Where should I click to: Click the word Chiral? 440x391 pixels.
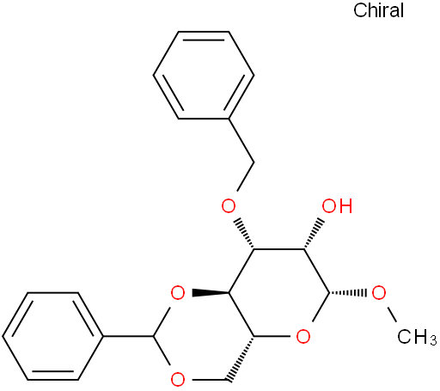click(x=378, y=10)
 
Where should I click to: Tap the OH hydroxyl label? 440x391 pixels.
click(x=337, y=206)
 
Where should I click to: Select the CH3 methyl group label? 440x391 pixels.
click(x=417, y=337)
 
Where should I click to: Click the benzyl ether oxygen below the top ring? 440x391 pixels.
click(x=229, y=206)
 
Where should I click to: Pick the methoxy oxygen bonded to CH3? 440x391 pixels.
click(x=379, y=293)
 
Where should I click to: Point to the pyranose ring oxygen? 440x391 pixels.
click(x=303, y=336)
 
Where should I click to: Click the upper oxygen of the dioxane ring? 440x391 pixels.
click(x=178, y=293)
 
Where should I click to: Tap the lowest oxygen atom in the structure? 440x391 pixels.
click(x=178, y=380)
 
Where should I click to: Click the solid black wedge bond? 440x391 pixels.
click(x=211, y=293)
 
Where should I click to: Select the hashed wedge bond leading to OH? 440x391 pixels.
click(x=314, y=235)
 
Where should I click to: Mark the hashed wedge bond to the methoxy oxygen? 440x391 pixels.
click(x=347, y=293)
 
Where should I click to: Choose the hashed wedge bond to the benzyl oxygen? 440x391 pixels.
click(x=244, y=235)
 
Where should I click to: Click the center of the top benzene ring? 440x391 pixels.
click(x=204, y=75)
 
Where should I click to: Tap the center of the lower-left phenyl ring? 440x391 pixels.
click(x=52, y=336)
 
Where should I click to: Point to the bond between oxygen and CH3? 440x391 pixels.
click(x=391, y=315)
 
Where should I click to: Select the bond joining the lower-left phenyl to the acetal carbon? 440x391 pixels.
click(x=128, y=336)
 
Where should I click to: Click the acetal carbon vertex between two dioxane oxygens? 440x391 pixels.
click(x=154, y=336)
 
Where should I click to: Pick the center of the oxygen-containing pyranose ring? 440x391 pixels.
click(x=278, y=293)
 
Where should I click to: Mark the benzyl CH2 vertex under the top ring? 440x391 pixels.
click(x=254, y=162)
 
